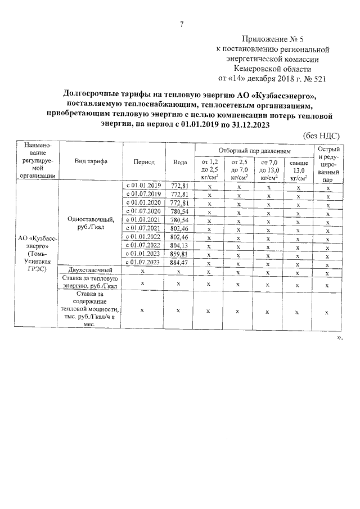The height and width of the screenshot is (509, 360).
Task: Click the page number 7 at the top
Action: click(x=181, y=24)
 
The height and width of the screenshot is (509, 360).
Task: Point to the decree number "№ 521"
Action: click(x=314, y=78)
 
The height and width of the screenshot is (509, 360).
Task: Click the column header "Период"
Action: click(x=144, y=161)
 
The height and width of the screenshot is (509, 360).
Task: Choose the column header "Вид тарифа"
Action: click(x=91, y=161)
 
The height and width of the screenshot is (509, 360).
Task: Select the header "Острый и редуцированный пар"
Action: click(x=328, y=161)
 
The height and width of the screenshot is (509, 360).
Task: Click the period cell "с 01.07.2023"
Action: click(x=143, y=262)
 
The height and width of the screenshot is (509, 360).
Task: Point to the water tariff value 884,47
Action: click(x=179, y=262)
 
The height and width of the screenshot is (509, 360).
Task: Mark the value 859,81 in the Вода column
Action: click(x=179, y=254)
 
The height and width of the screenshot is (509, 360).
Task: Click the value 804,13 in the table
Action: click(x=179, y=245)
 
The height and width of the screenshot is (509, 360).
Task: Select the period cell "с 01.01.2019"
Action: click(x=143, y=185)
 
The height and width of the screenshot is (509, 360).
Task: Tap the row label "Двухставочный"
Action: click(x=91, y=271)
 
